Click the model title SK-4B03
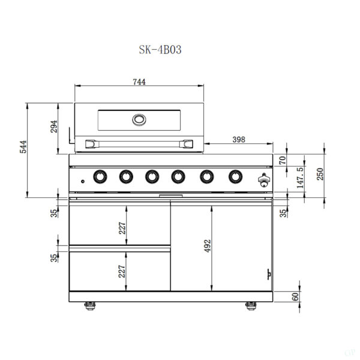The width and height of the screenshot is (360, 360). click(x=160, y=50)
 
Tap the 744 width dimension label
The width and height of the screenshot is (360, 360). click(x=139, y=82)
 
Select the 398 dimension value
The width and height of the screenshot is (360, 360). click(x=239, y=139)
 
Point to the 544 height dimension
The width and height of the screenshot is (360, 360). click(x=23, y=147)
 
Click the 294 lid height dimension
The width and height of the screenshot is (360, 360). click(x=54, y=126)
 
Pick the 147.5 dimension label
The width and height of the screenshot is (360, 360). click(x=300, y=178)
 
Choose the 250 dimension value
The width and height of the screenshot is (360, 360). click(x=320, y=174)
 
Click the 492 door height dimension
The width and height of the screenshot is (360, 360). click(x=208, y=246)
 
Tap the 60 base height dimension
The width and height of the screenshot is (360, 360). click(x=295, y=296)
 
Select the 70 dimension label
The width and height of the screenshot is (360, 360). click(x=283, y=160)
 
